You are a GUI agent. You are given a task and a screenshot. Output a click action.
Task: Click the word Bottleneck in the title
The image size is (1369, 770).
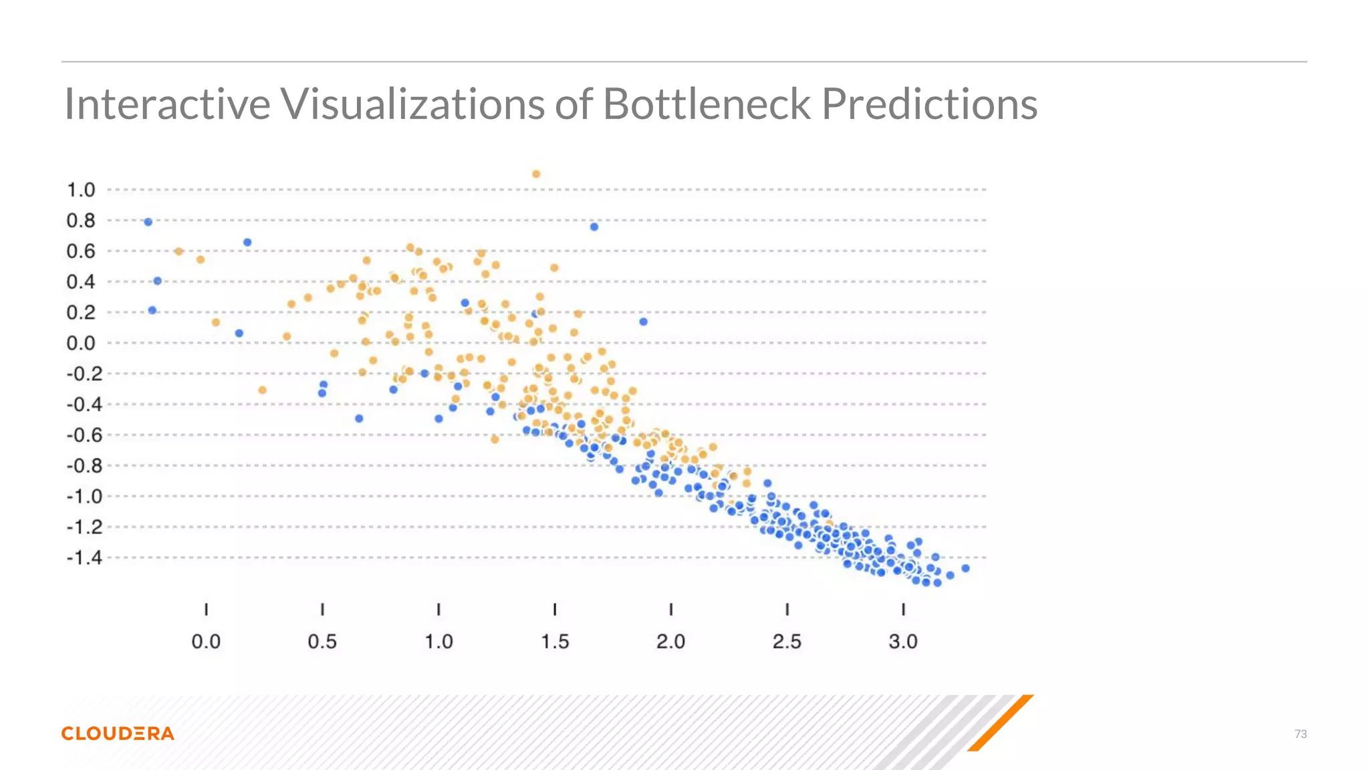click(x=706, y=104)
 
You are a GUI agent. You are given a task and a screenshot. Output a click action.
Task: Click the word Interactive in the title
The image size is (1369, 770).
click(x=167, y=104)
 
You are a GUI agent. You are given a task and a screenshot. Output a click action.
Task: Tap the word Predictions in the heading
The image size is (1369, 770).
click(x=929, y=104)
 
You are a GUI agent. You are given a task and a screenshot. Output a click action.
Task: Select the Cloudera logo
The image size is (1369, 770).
click(x=118, y=733)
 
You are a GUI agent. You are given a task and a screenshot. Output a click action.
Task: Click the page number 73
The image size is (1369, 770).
click(x=1300, y=734)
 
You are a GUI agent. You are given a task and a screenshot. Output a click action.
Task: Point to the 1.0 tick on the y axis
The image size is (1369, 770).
click(x=81, y=190)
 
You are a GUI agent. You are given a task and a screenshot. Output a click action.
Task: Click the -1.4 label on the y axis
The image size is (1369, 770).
click(x=84, y=557)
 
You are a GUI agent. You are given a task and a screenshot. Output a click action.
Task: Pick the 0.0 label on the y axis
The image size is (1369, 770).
click(x=81, y=343)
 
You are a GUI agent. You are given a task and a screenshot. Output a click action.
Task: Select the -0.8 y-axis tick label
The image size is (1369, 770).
click(x=84, y=466)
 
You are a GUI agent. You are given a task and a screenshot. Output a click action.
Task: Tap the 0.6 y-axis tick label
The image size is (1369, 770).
click(x=81, y=251)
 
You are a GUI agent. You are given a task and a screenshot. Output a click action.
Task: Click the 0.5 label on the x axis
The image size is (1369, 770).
click(x=322, y=642)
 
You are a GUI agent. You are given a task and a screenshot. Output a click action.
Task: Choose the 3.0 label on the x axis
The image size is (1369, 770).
click(x=903, y=642)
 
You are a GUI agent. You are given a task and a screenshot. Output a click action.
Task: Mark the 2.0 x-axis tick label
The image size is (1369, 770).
click(x=670, y=642)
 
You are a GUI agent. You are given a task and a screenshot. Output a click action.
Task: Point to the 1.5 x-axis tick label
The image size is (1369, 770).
click(x=555, y=642)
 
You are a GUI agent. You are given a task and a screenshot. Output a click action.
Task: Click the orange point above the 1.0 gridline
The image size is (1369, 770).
click(x=536, y=174)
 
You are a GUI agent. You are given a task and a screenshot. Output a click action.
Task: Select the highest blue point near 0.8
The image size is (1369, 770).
click(x=148, y=222)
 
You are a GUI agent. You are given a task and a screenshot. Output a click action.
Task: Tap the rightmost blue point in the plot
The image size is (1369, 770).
click(x=965, y=568)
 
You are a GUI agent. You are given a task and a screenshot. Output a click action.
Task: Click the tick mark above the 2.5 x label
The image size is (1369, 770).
click(x=787, y=609)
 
